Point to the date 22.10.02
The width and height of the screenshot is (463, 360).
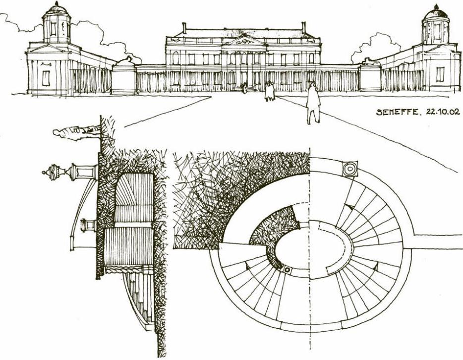439,112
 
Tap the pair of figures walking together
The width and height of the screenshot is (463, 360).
269,92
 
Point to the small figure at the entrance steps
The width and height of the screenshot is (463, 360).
244,88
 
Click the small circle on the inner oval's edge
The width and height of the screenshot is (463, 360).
286,269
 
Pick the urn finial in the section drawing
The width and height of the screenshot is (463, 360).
50,174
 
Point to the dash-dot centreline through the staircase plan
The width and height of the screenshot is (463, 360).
310,298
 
